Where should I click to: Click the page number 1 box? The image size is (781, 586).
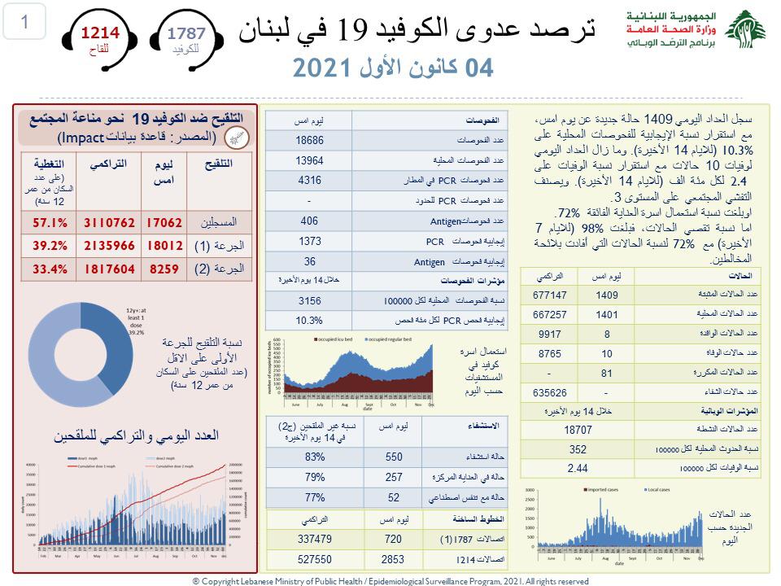tap(24, 23)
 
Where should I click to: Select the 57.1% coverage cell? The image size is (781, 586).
tap(48, 221)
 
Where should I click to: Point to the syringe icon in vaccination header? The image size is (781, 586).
tap(235, 137)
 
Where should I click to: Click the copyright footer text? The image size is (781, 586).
tap(390, 580)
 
